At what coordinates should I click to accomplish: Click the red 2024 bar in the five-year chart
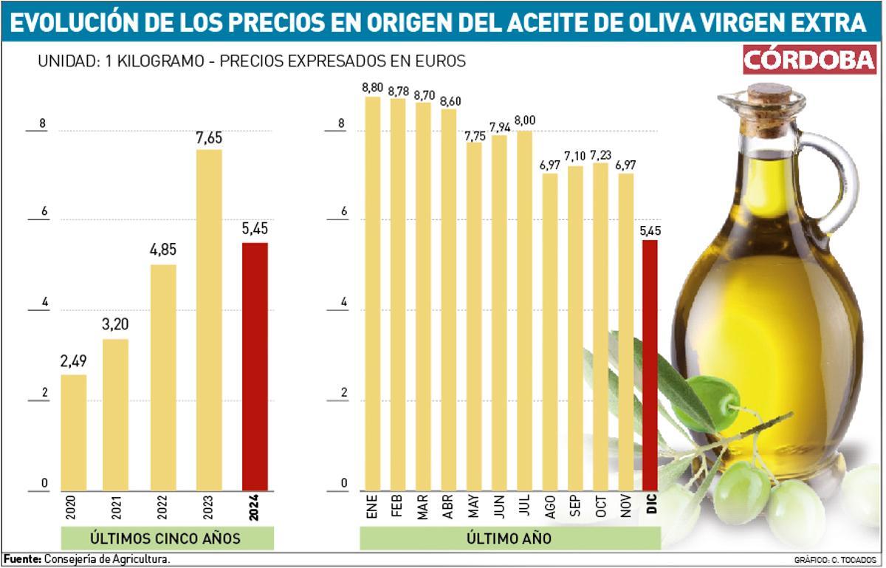click(255, 366)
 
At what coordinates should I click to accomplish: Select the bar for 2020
click(73, 432)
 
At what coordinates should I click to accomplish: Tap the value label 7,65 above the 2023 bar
click(209, 138)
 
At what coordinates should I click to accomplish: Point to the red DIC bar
click(650, 365)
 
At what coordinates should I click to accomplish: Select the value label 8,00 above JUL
click(525, 120)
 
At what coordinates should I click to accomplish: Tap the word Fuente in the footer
click(22, 558)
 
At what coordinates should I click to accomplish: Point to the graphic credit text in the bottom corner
click(835, 560)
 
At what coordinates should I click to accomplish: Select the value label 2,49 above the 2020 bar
click(73, 362)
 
